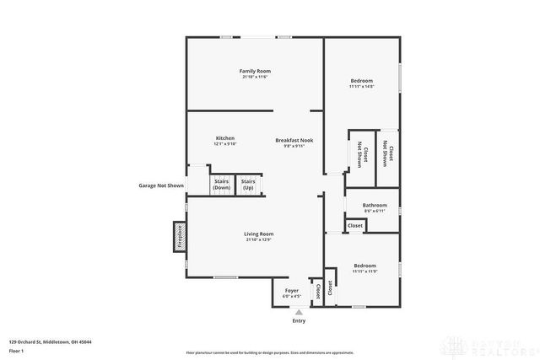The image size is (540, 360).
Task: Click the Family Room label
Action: pos(254,71)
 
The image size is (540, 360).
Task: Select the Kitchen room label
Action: pos(224,137)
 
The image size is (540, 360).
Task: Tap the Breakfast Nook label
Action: pos(294,140)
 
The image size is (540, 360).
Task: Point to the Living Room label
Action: pos(259,234)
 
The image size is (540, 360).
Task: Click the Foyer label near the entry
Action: pos(290,290)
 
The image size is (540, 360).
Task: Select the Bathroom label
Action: pos(375,205)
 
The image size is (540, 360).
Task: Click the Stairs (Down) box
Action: pos(222,184)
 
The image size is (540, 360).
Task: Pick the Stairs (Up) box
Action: pos(248,184)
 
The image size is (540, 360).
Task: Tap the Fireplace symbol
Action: pos(180,236)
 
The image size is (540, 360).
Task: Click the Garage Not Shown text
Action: pos(161,185)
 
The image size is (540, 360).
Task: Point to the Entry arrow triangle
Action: pos(298,312)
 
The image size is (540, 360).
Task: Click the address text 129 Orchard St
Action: pos(51,341)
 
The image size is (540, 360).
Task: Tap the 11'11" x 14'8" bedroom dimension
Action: pos(361,86)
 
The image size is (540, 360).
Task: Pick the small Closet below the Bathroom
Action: pos(355,225)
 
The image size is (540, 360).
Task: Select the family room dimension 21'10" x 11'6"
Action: pos(254,77)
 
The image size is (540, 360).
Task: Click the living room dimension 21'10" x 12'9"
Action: pos(259,239)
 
